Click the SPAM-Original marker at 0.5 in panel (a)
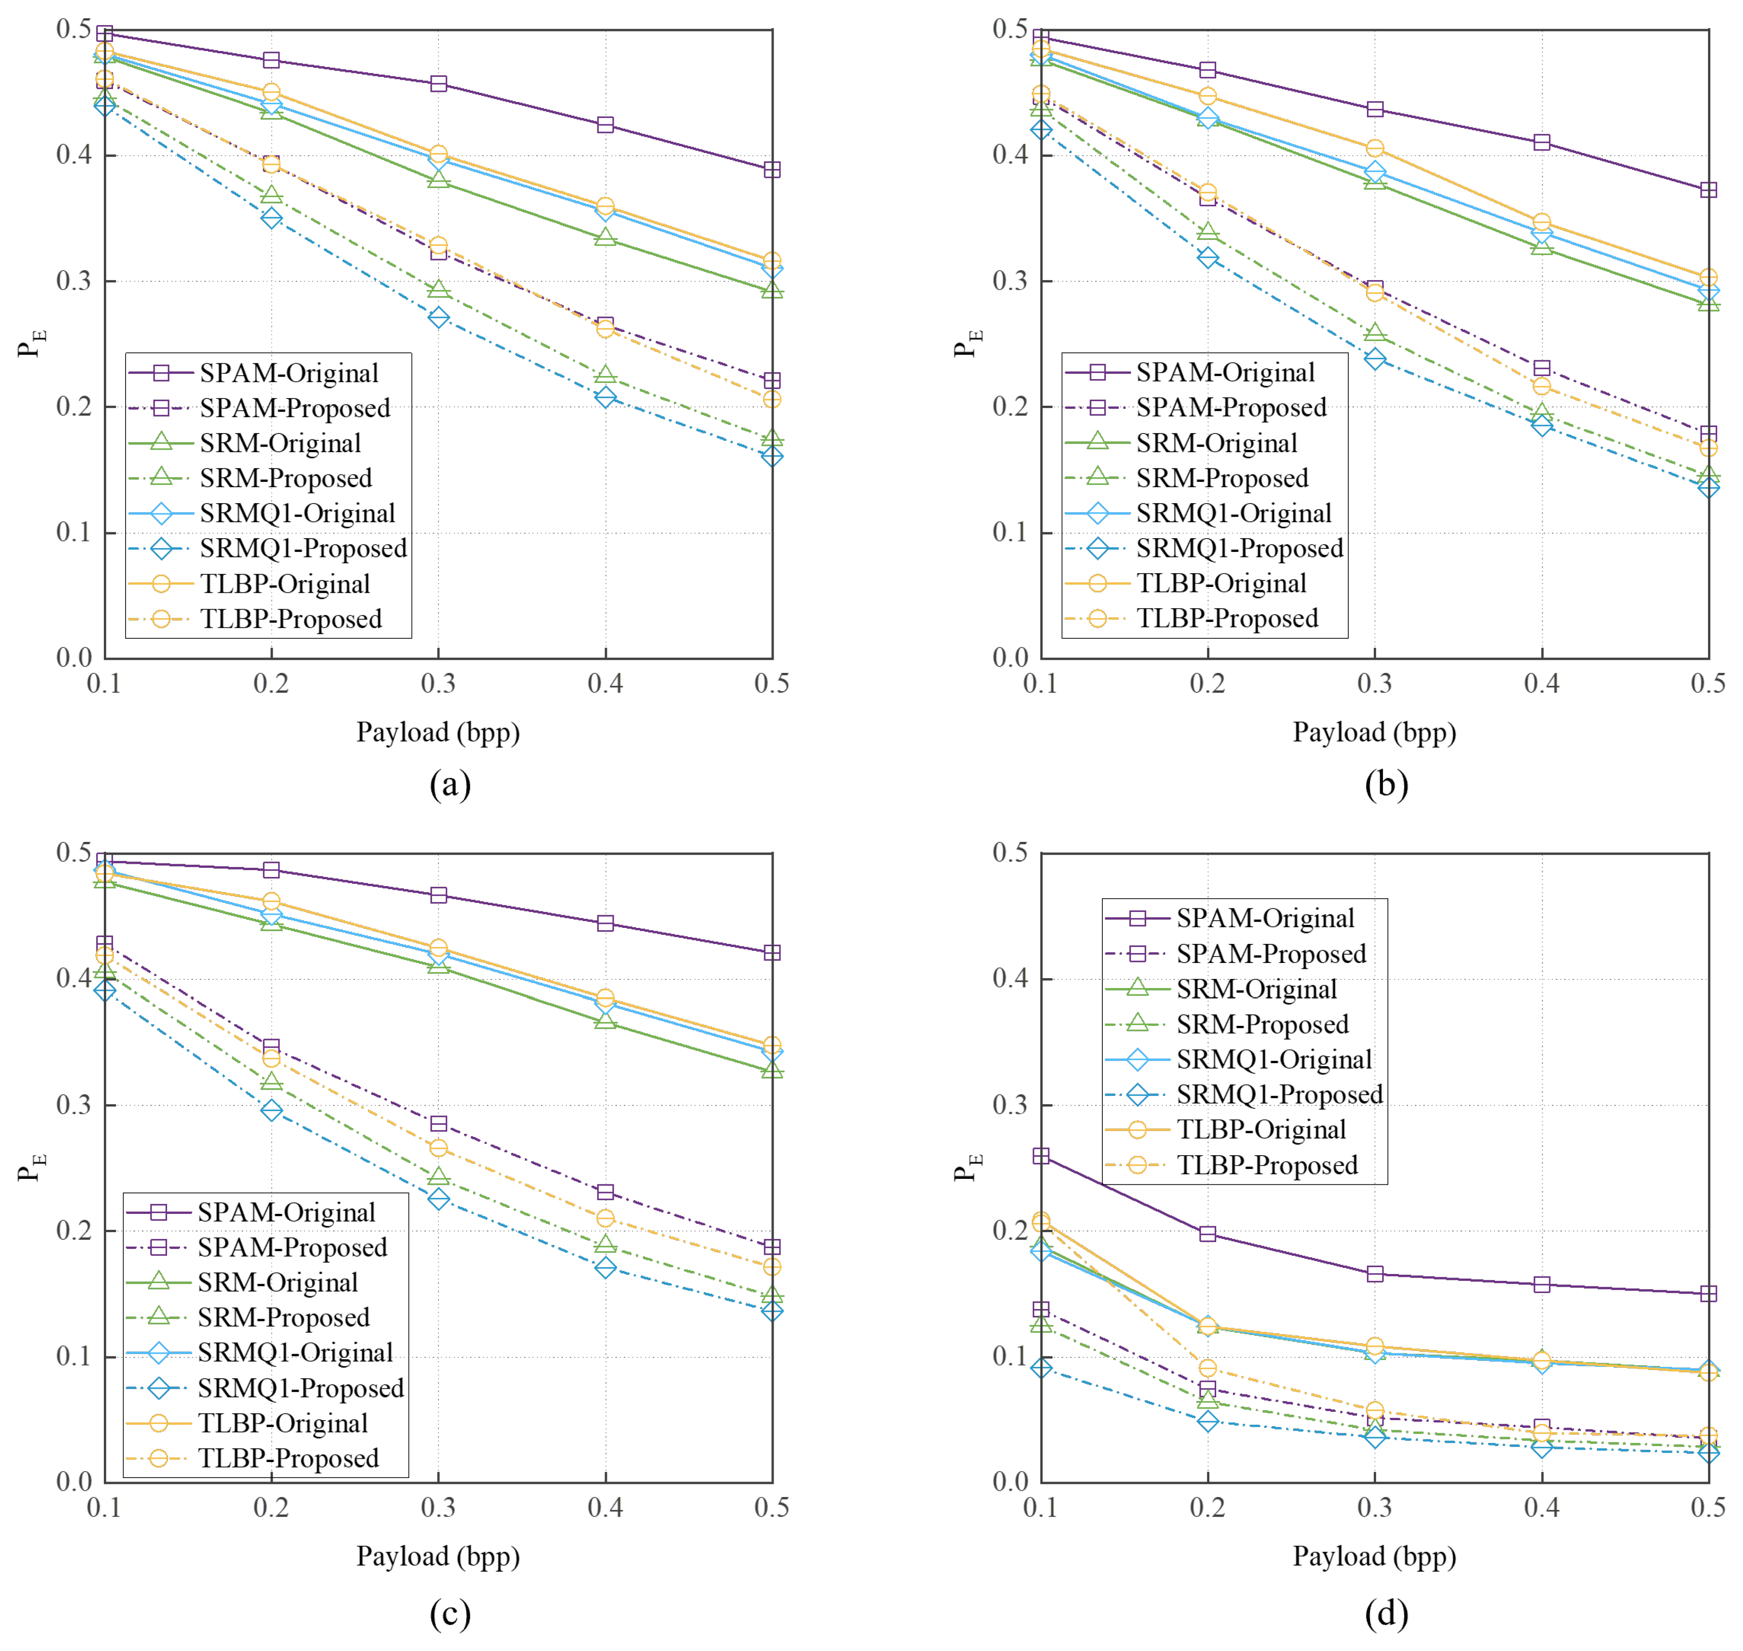pyautogui.click(x=772, y=170)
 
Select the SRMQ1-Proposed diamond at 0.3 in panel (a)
pyautogui.click(x=438, y=318)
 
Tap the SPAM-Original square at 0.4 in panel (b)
pyautogui.click(x=1541, y=143)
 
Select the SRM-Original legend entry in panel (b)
pyautogui.click(x=1216, y=443)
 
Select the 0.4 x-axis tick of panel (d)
pyautogui.click(x=1541, y=1508)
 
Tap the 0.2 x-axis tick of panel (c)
pyautogui.click(x=271, y=1508)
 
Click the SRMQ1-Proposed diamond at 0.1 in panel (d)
pyautogui.click(x=1041, y=1368)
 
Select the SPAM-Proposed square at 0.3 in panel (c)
pyautogui.click(x=438, y=1124)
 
